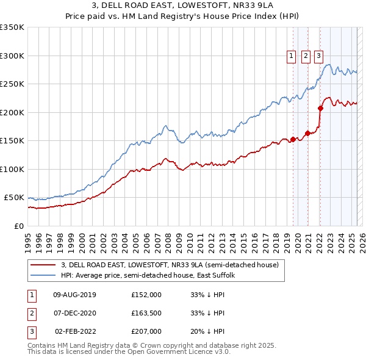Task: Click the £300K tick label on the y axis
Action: click(x=12, y=56)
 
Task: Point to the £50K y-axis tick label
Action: click(x=14, y=198)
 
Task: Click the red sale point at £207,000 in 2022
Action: click(x=320, y=109)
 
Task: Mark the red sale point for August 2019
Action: click(x=293, y=139)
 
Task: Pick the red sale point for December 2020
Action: click(x=307, y=133)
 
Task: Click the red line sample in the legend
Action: click(x=43, y=265)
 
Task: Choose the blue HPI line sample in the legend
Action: click(x=43, y=275)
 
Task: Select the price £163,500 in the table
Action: click(x=146, y=313)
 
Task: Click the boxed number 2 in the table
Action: click(x=30, y=313)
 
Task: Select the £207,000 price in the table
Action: click(x=146, y=331)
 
